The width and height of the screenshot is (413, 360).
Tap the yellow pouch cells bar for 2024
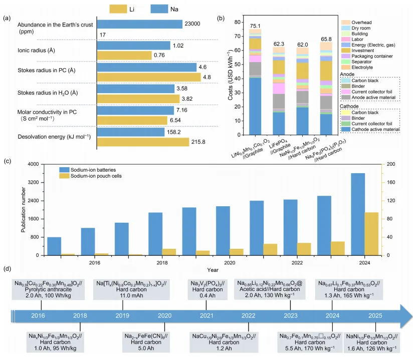pos(371,234)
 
